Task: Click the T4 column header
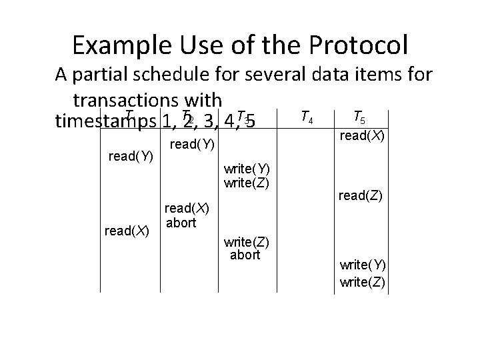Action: click(x=308, y=118)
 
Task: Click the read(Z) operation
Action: click(x=360, y=195)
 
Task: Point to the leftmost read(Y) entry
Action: click(x=131, y=157)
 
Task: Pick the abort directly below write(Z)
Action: click(x=245, y=255)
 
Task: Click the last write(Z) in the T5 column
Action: click(x=362, y=281)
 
